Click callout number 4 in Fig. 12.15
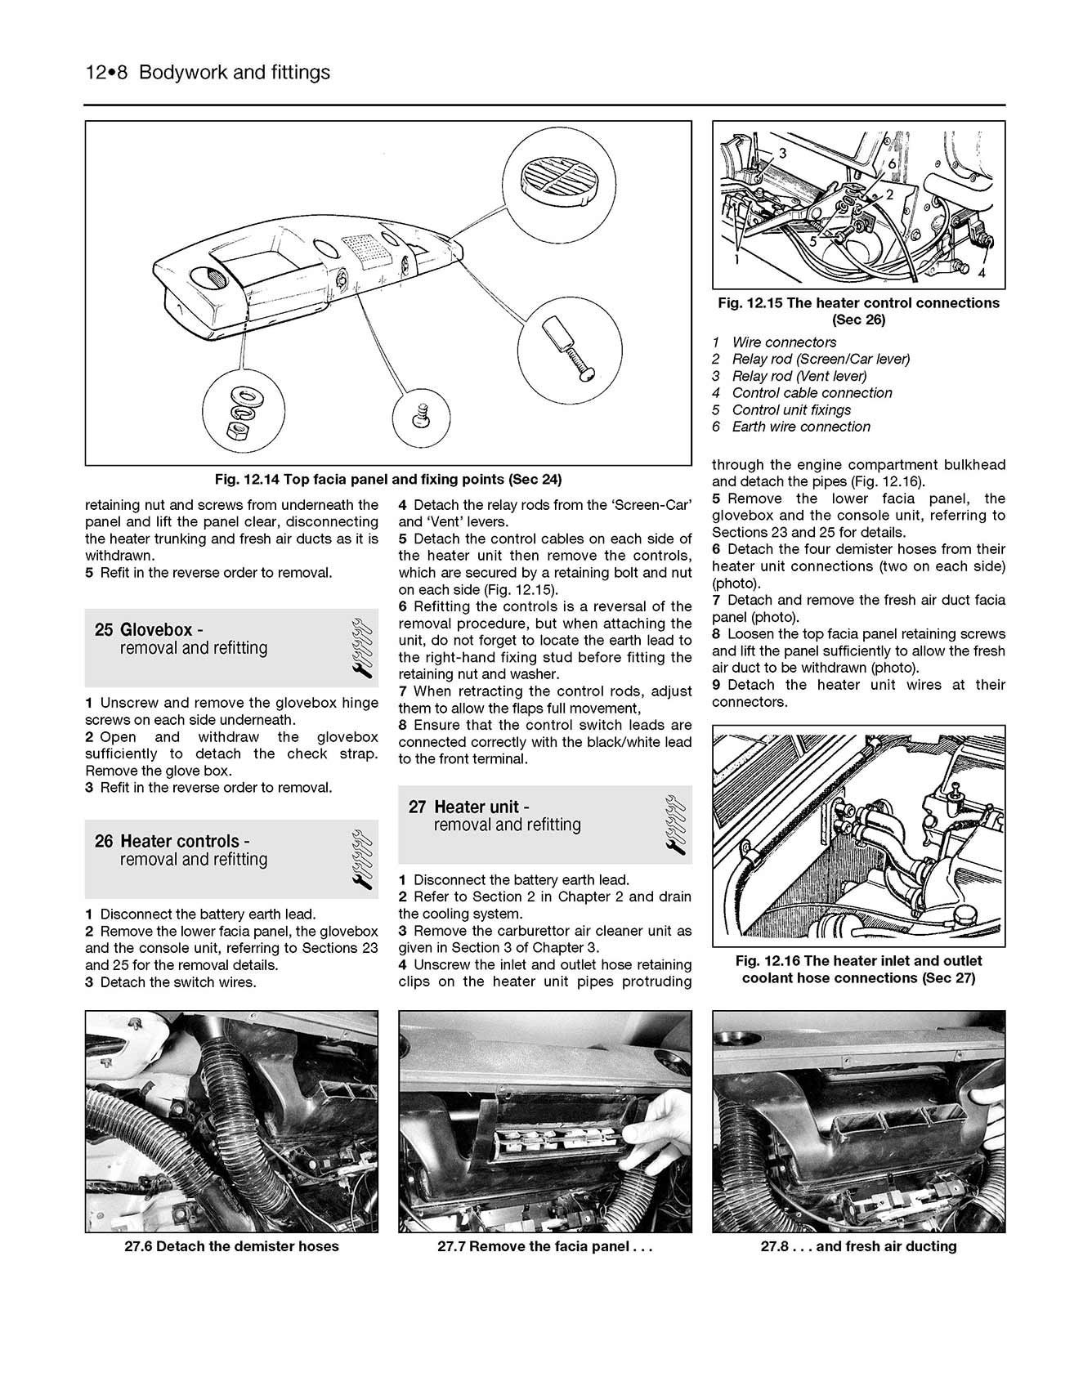click(982, 274)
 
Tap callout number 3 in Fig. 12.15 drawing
click(782, 153)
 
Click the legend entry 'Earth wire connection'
click(800, 427)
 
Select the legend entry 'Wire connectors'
click(783, 342)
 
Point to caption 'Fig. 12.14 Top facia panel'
click(387, 479)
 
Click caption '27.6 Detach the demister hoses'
click(231, 1246)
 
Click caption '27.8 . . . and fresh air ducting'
click(858, 1246)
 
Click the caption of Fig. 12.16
click(858, 969)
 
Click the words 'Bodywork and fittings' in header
click(235, 73)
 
